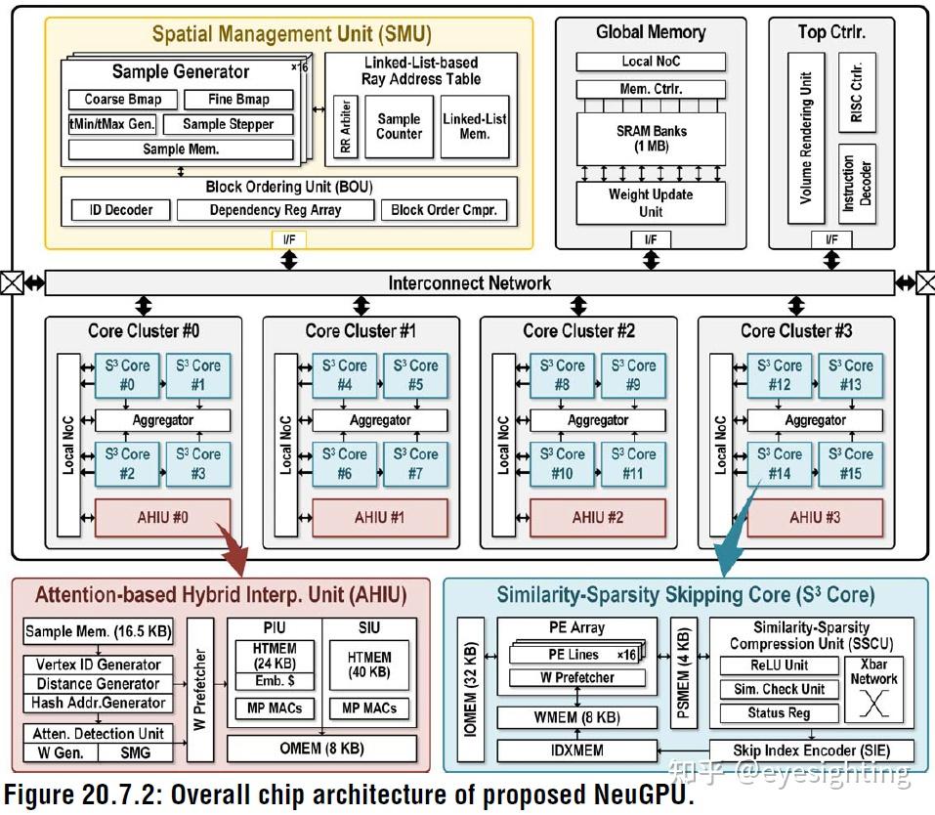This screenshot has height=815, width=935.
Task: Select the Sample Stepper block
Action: (x=228, y=124)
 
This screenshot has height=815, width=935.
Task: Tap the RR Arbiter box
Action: (x=343, y=127)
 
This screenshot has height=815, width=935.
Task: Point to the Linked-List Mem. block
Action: (x=475, y=126)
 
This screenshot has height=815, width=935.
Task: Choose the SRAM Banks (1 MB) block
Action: (x=651, y=138)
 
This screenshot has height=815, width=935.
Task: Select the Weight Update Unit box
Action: (x=651, y=202)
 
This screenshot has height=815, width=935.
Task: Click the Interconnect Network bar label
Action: (x=469, y=283)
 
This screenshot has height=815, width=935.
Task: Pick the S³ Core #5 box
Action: (x=415, y=374)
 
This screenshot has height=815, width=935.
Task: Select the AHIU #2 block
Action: (x=597, y=517)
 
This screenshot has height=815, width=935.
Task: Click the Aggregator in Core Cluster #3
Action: (x=815, y=420)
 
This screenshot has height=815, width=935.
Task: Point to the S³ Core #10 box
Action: (x=562, y=463)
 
